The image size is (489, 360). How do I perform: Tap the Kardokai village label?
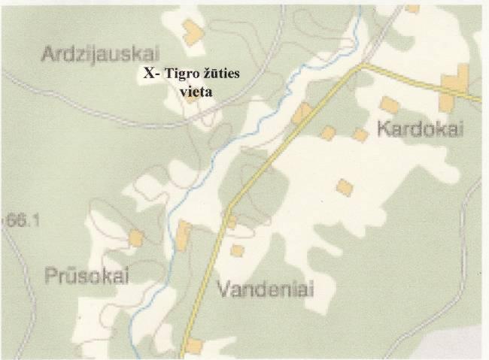pyautogui.click(x=421, y=129)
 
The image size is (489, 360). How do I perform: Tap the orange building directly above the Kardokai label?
pyautogui.click(x=389, y=104)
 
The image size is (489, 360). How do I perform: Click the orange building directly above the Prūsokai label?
pyautogui.click(x=135, y=238)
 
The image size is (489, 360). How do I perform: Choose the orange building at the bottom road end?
pyautogui.click(x=193, y=346)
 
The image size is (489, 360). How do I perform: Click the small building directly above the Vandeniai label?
pyautogui.click(x=237, y=250)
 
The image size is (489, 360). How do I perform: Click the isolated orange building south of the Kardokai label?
pyautogui.click(x=345, y=186)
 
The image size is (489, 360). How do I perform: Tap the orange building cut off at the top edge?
pyautogui.click(x=412, y=8)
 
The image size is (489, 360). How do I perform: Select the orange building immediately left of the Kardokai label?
pyautogui.click(x=360, y=135)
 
